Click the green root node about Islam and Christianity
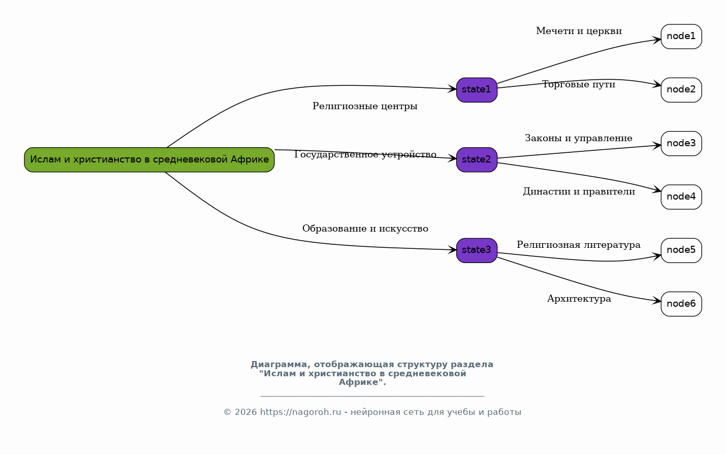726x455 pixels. coord(149,159)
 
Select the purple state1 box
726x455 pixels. coord(477,90)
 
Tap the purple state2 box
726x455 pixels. coord(477,159)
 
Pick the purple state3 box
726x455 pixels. coord(477,250)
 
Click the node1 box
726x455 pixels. coord(681,37)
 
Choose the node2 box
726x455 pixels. coord(681,90)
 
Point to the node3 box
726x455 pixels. coord(681,144)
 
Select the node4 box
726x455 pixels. coord(681,197)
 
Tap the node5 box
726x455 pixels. coord(681,250)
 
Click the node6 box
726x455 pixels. coord(681,304)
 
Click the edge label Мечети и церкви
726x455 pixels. coord(579,31)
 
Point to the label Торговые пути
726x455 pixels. coord(579,84)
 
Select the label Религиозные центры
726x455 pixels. coord(365,106)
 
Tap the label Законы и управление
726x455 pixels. coord(579,138)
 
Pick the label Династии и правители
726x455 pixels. coord(579,192)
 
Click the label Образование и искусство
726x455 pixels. coord(365,229)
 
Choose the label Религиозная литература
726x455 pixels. coord(579,245)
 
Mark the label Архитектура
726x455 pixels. coord(579,299)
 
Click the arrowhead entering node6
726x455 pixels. coord(656,301)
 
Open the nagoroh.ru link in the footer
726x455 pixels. coord(300,412)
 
